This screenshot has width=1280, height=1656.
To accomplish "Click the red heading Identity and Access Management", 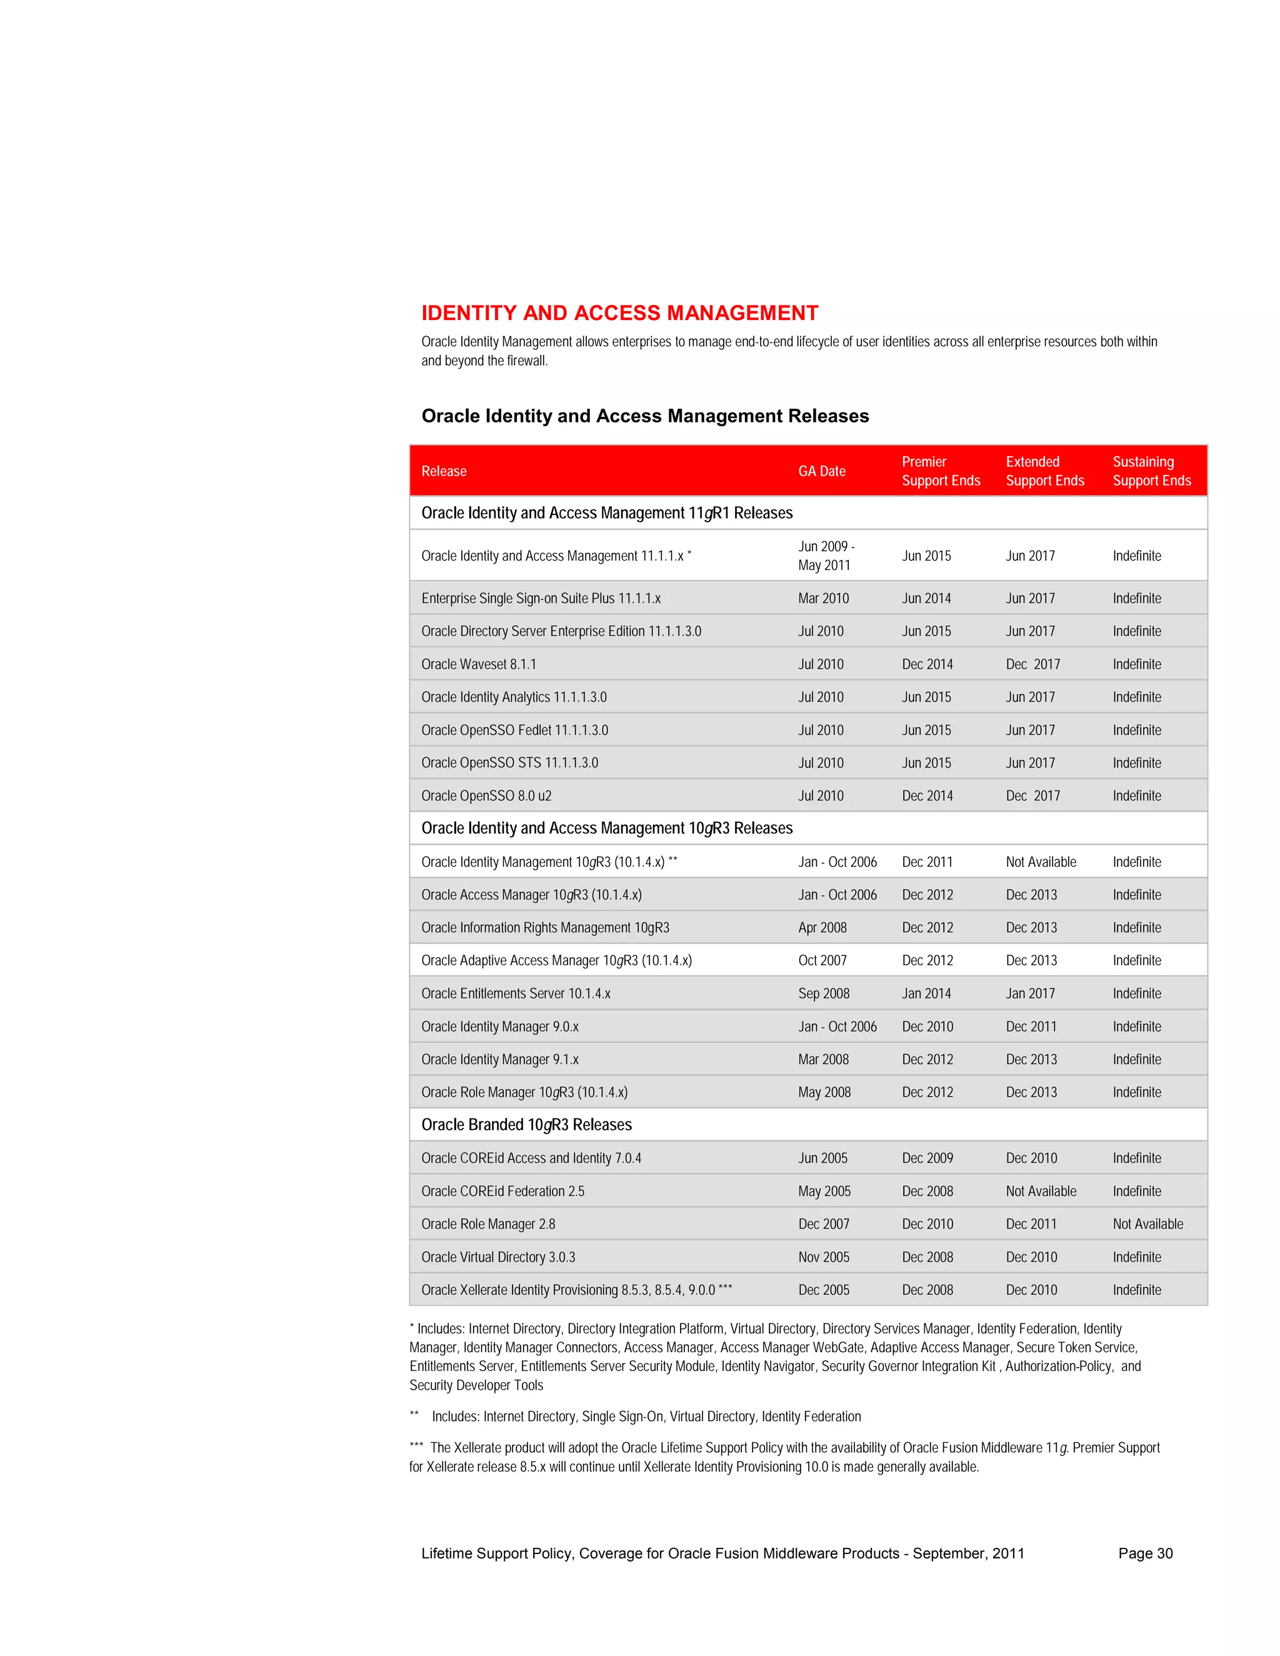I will tap(619, 313).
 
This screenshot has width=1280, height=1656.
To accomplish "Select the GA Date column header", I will tap(821, 471).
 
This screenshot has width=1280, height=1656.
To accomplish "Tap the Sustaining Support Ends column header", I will tap(1151, 471).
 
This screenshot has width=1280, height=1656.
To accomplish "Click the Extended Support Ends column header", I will tap(1044, 471).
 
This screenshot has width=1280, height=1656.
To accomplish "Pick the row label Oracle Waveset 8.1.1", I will tap(479, 664).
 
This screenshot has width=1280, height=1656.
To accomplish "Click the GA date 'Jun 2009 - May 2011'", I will tap(826, 556).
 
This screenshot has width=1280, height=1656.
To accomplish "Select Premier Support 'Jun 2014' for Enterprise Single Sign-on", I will tap(926, 598).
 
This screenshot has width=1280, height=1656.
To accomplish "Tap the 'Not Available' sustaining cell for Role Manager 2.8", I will tap(1147, 1224).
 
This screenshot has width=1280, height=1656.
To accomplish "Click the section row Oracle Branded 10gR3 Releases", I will tap(526, 1124).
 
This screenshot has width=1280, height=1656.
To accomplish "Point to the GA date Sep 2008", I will tap(824, 994).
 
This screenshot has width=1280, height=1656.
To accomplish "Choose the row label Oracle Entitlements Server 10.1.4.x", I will tap(516, 994).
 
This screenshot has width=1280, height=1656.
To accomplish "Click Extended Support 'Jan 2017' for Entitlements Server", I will tap(1030, 994).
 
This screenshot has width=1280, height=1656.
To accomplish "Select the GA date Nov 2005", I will tap(824, 1257).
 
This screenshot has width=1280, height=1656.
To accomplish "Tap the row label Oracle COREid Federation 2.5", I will tap(502, 1191).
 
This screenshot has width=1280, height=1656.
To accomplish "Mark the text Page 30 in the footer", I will tap(1145, 1553).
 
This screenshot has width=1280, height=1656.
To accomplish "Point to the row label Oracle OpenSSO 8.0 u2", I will tap(486, 796).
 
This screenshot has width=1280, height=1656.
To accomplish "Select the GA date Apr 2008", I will tap(822, 927).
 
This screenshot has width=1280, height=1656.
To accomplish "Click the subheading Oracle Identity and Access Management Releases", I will tap(644, 416).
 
